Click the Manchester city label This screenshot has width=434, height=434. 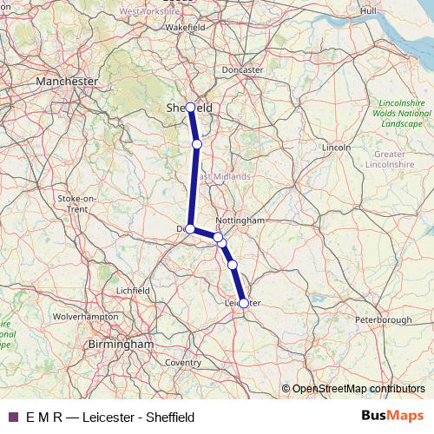point(66,80)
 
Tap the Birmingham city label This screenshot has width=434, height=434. point(121,344)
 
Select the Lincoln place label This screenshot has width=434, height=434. point(336,148)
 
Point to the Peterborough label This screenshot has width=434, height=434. point(383,319)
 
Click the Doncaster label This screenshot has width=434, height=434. point(242,69)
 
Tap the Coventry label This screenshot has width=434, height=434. point(182,362)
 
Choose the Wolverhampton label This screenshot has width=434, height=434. point(86,317)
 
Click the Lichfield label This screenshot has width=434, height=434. point(133,290)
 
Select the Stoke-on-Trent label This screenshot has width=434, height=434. point(73,203)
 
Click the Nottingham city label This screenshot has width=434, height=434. point(239,220)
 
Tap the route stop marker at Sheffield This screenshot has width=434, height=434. point(190,108)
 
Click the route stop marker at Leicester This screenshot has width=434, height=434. point(244,303)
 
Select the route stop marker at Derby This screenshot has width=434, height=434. point(190,229)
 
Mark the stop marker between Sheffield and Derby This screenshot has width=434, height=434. point(197,144)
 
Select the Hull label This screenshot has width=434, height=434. point(368,10)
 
